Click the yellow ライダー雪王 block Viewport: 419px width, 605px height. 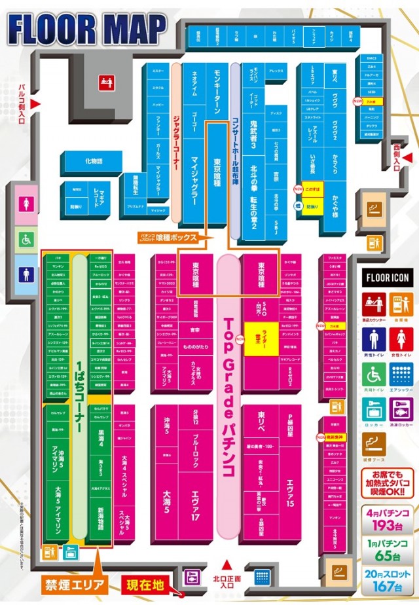pyautogui.click(x=259, y=339)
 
